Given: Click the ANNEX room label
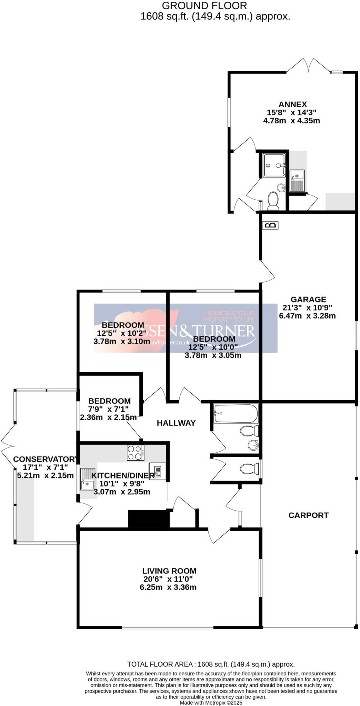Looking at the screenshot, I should click(292, 104).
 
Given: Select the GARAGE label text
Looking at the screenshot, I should click(308, 300).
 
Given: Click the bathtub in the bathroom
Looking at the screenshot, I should click(236, 414).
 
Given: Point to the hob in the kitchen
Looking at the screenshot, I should click(136, 453).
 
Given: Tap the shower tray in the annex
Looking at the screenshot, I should click(274, 165).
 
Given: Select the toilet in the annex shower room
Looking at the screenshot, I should click(273, 201).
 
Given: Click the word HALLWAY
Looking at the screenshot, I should click(176, 423).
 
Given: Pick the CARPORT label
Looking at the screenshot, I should click(308, 515).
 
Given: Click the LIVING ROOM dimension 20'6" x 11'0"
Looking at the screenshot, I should click(168, 579).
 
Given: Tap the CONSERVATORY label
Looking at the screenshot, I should click(45, 459).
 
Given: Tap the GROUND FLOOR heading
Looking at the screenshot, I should click(204, 6).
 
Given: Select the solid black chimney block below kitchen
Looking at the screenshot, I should click(149, 519).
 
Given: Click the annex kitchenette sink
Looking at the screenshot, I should click(297, 181).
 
